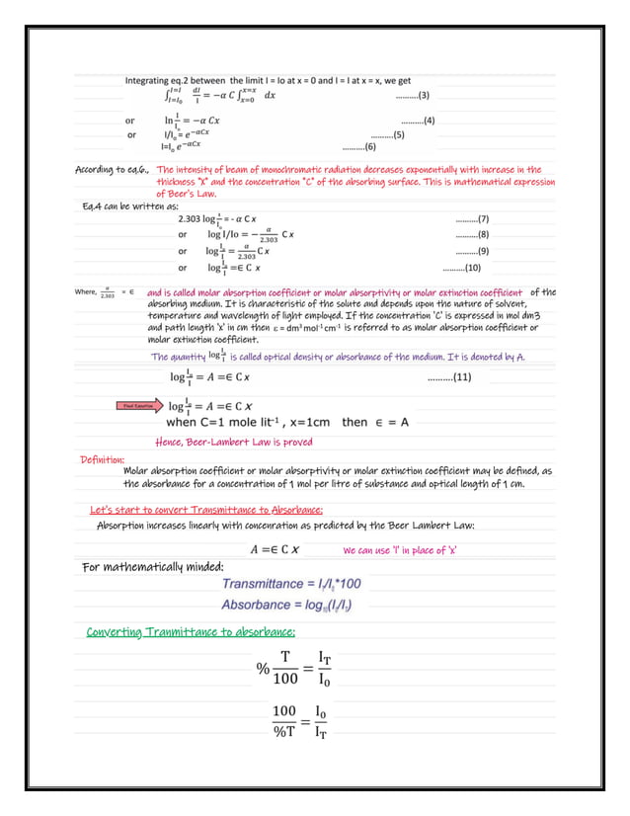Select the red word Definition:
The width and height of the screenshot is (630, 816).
point(102,459)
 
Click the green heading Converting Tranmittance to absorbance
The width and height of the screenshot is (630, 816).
point(191,632)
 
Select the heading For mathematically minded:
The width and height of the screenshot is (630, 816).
point(152,566)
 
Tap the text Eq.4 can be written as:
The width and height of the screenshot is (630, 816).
point(131,205)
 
